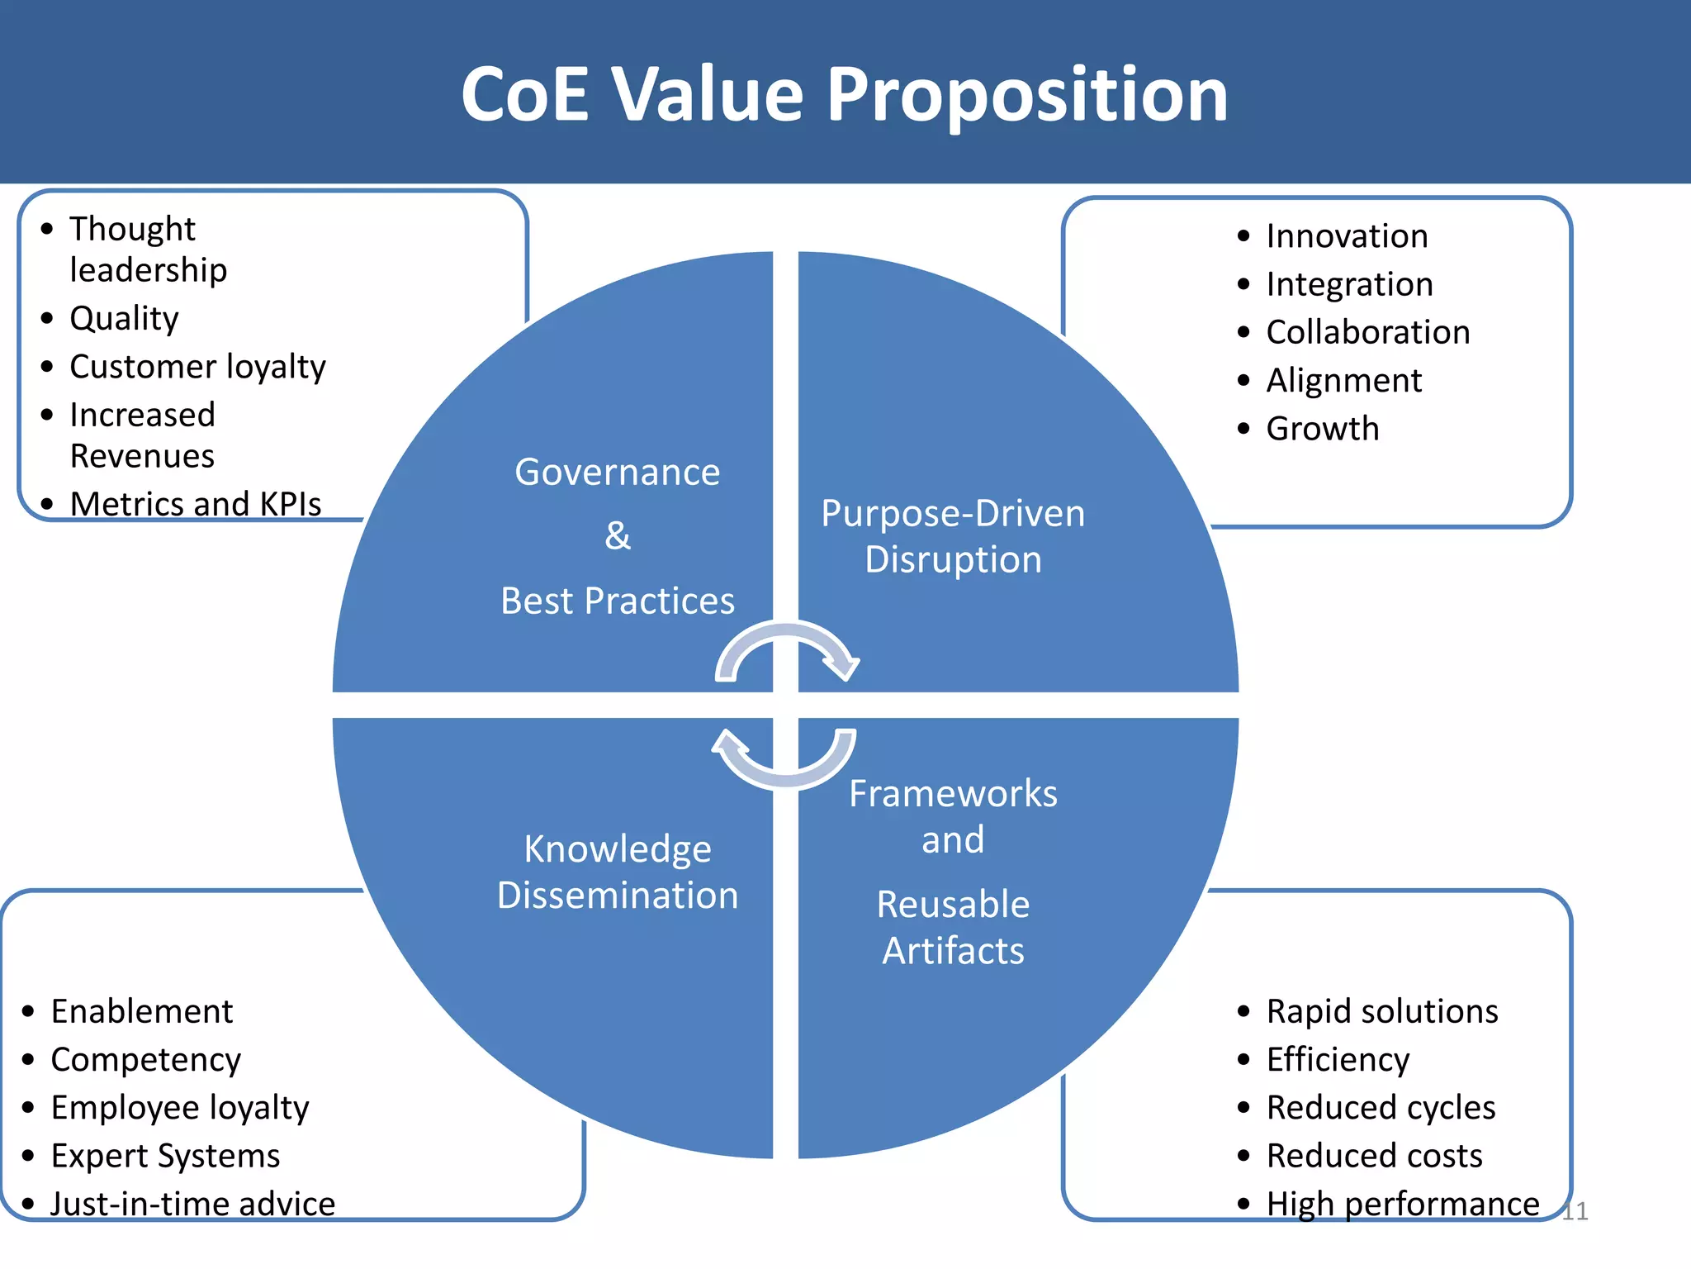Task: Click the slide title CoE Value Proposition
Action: point(844,94)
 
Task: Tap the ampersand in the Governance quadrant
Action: point(618,535)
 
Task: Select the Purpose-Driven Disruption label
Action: point(953,536)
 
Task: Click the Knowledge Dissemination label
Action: point(618,872)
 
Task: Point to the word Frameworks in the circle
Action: point(953,794)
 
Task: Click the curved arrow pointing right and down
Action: point(789,649)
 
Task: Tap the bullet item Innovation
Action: point(1347,236)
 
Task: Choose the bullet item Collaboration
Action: point(1368,332)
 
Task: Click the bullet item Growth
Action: point(1323,429)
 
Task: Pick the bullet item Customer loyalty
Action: point(197,367)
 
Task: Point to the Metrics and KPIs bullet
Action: point(196,504)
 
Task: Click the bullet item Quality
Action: point(124,319)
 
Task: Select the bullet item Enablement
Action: point(142,1011)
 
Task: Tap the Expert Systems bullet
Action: point(165,1156)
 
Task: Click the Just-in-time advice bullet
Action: point(193,1204)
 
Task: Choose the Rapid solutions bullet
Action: point(1382,1011)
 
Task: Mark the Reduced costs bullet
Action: point(1375,1156)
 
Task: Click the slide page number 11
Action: point(1575,1211)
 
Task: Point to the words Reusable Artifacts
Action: point(953,927)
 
